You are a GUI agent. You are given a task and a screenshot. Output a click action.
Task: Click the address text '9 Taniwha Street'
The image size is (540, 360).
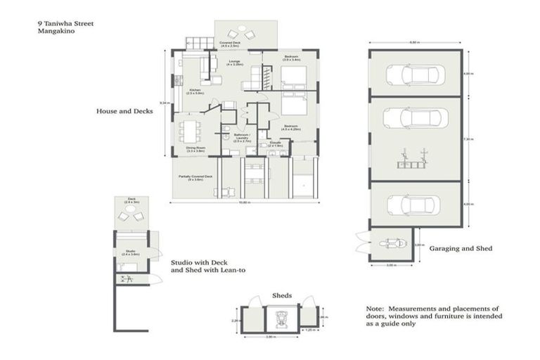pyautogui.click(x=65, y=23)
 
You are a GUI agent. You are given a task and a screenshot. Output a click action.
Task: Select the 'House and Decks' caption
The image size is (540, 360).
pyautogui.click(x=124, y=111)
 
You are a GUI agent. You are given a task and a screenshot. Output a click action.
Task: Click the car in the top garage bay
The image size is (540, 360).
pyautogui.click(x=416, y=74)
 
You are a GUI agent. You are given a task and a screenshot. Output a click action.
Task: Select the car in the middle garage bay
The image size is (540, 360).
pyautogui.click(x=416, y=117)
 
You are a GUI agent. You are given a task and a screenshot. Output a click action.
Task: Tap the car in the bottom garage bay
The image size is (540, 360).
pyautogui.click(x=415, y=204)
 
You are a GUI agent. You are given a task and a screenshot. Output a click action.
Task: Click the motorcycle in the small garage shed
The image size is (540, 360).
pyautogui.click(x=391, y=244)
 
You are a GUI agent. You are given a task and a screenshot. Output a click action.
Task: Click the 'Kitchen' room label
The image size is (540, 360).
pyautogui.click(x=194, y=90)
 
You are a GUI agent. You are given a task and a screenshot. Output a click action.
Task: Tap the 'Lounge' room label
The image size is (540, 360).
pyautogui.click(x=234, y=62)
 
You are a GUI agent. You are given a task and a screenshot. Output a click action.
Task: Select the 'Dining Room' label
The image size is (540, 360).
pyautogui.click(x=195, y=148)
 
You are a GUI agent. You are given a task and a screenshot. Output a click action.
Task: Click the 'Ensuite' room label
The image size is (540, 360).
pyautogui.click(x=276, y=143)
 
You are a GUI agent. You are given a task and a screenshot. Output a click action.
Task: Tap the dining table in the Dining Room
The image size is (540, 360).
pyautogui.click(x=189, y=130)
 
